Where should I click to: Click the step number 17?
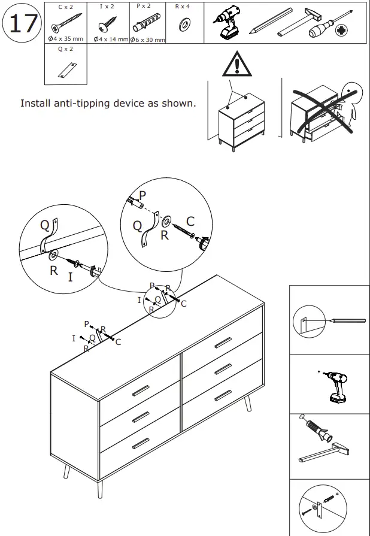[23, 24]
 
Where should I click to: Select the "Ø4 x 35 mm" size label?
[66, 39]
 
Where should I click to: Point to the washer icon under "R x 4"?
[184, 24]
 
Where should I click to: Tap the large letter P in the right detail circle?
[142, 195]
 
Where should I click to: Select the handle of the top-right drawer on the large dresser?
[222, 342]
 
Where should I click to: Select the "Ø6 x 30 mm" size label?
[147, 39]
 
